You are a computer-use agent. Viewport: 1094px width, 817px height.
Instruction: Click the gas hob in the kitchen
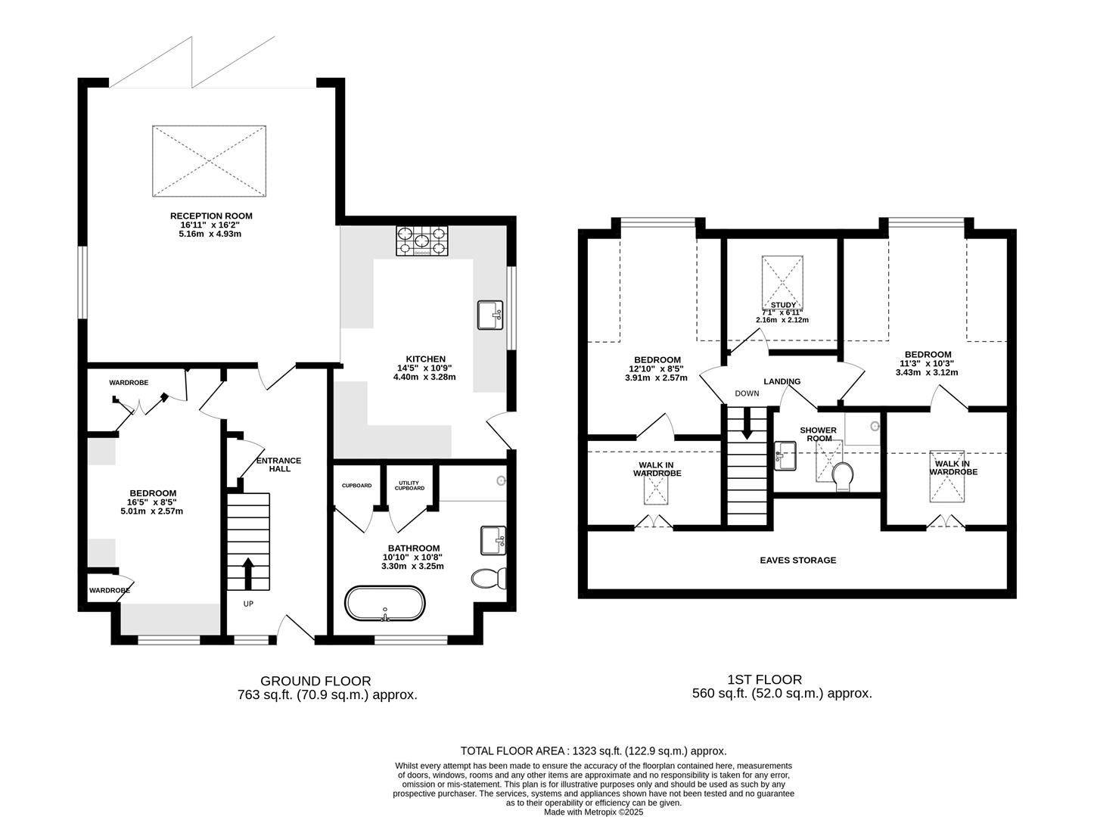(x=421, y=241)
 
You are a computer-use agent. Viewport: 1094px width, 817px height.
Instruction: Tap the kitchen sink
(x=490, y=315)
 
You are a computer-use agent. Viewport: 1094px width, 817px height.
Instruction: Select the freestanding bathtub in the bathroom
(x=385, y=603)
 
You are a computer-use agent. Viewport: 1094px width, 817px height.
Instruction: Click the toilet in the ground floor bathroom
(x=489, y=578)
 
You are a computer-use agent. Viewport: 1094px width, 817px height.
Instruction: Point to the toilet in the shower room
(x=842, y=477)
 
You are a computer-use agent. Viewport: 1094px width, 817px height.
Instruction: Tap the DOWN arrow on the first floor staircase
(x=746, y=424)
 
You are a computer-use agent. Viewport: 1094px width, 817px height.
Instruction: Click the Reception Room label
(x=211, y=216)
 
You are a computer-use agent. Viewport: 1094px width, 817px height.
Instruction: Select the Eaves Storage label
(x=798, y=560)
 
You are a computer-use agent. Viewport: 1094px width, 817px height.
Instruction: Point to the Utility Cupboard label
(x=409, y=486)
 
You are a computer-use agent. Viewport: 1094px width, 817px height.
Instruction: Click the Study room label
(x=784, y=305)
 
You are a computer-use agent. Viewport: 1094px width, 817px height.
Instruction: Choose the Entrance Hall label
(x=279, y=464)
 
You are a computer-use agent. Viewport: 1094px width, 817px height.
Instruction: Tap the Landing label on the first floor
(x=782, y=381)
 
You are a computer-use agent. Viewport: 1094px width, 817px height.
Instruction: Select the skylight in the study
(x=782, y=282)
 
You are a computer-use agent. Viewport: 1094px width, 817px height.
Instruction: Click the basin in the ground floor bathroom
(x=493, y=541)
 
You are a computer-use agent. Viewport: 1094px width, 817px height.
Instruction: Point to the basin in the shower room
(x=785, y=455)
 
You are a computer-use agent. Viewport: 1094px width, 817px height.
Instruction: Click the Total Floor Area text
(x=593, y=751)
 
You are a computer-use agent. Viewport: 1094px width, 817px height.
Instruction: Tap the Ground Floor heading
(x=315, y=681)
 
